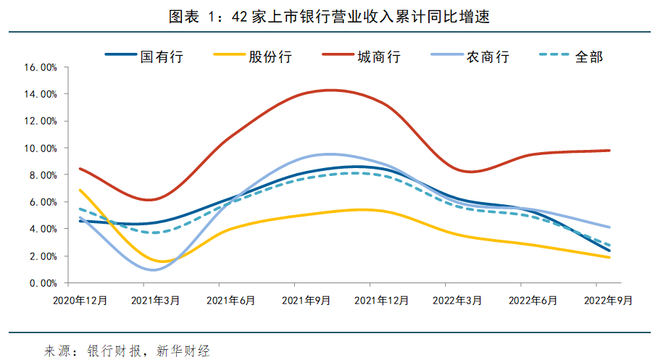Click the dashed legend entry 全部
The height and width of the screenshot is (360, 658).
click(588, 56)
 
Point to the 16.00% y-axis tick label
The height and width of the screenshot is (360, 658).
click(41, 67)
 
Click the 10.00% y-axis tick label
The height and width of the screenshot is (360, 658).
click(41, 148)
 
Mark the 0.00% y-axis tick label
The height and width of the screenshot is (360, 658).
click(43, 283)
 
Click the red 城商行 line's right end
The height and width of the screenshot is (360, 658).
click(609, 151)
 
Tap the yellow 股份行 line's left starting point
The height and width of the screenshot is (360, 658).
click(80, 191)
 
